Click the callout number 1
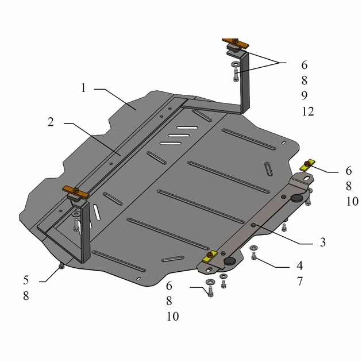83,88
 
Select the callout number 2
51,122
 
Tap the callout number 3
323,242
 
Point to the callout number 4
300,265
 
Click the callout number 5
26,280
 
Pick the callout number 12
308,111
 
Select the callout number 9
305,95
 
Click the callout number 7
300,282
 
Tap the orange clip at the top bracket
235,43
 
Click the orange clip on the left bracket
75,192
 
